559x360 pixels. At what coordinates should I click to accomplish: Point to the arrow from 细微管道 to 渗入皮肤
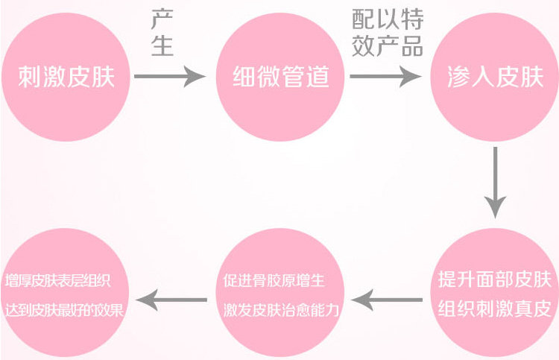(385, 75)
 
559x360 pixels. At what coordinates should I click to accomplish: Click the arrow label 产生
(162, 34)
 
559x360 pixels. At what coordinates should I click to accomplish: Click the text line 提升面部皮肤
(494, 280)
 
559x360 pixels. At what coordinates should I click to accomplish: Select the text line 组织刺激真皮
(494, 307)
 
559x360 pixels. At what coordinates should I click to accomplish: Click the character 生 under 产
(162, 46)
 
